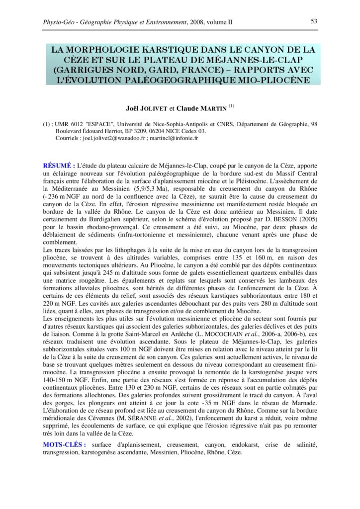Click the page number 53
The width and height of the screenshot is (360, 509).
point(314,21)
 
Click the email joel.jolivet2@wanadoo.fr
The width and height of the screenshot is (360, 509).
point(112,138)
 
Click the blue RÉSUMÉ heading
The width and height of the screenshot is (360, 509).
point(59,164)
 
